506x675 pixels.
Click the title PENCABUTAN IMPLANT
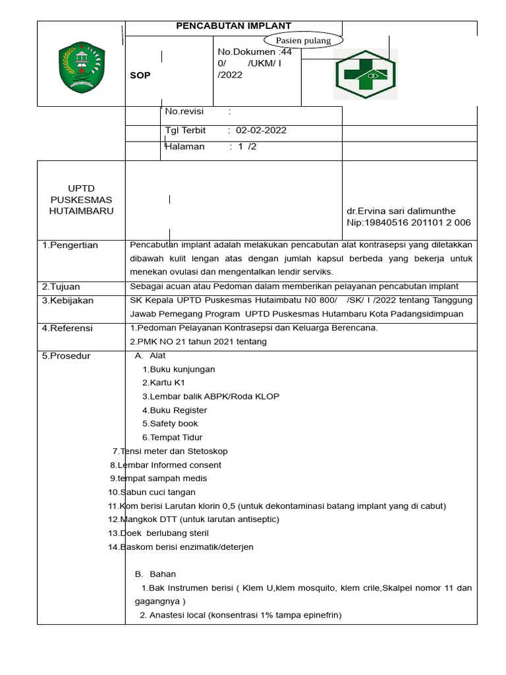233,26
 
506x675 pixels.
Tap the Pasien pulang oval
304,40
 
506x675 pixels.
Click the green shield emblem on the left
81,67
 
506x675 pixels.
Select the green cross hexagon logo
365,74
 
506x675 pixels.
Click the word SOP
140,75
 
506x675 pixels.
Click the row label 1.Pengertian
70,245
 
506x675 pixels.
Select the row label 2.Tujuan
61,287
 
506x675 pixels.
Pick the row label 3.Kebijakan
68,301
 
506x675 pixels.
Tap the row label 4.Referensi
67,328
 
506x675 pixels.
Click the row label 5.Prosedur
67,356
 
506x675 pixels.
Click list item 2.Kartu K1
163,382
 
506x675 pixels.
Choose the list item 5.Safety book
170,424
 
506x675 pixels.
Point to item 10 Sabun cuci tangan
152,492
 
